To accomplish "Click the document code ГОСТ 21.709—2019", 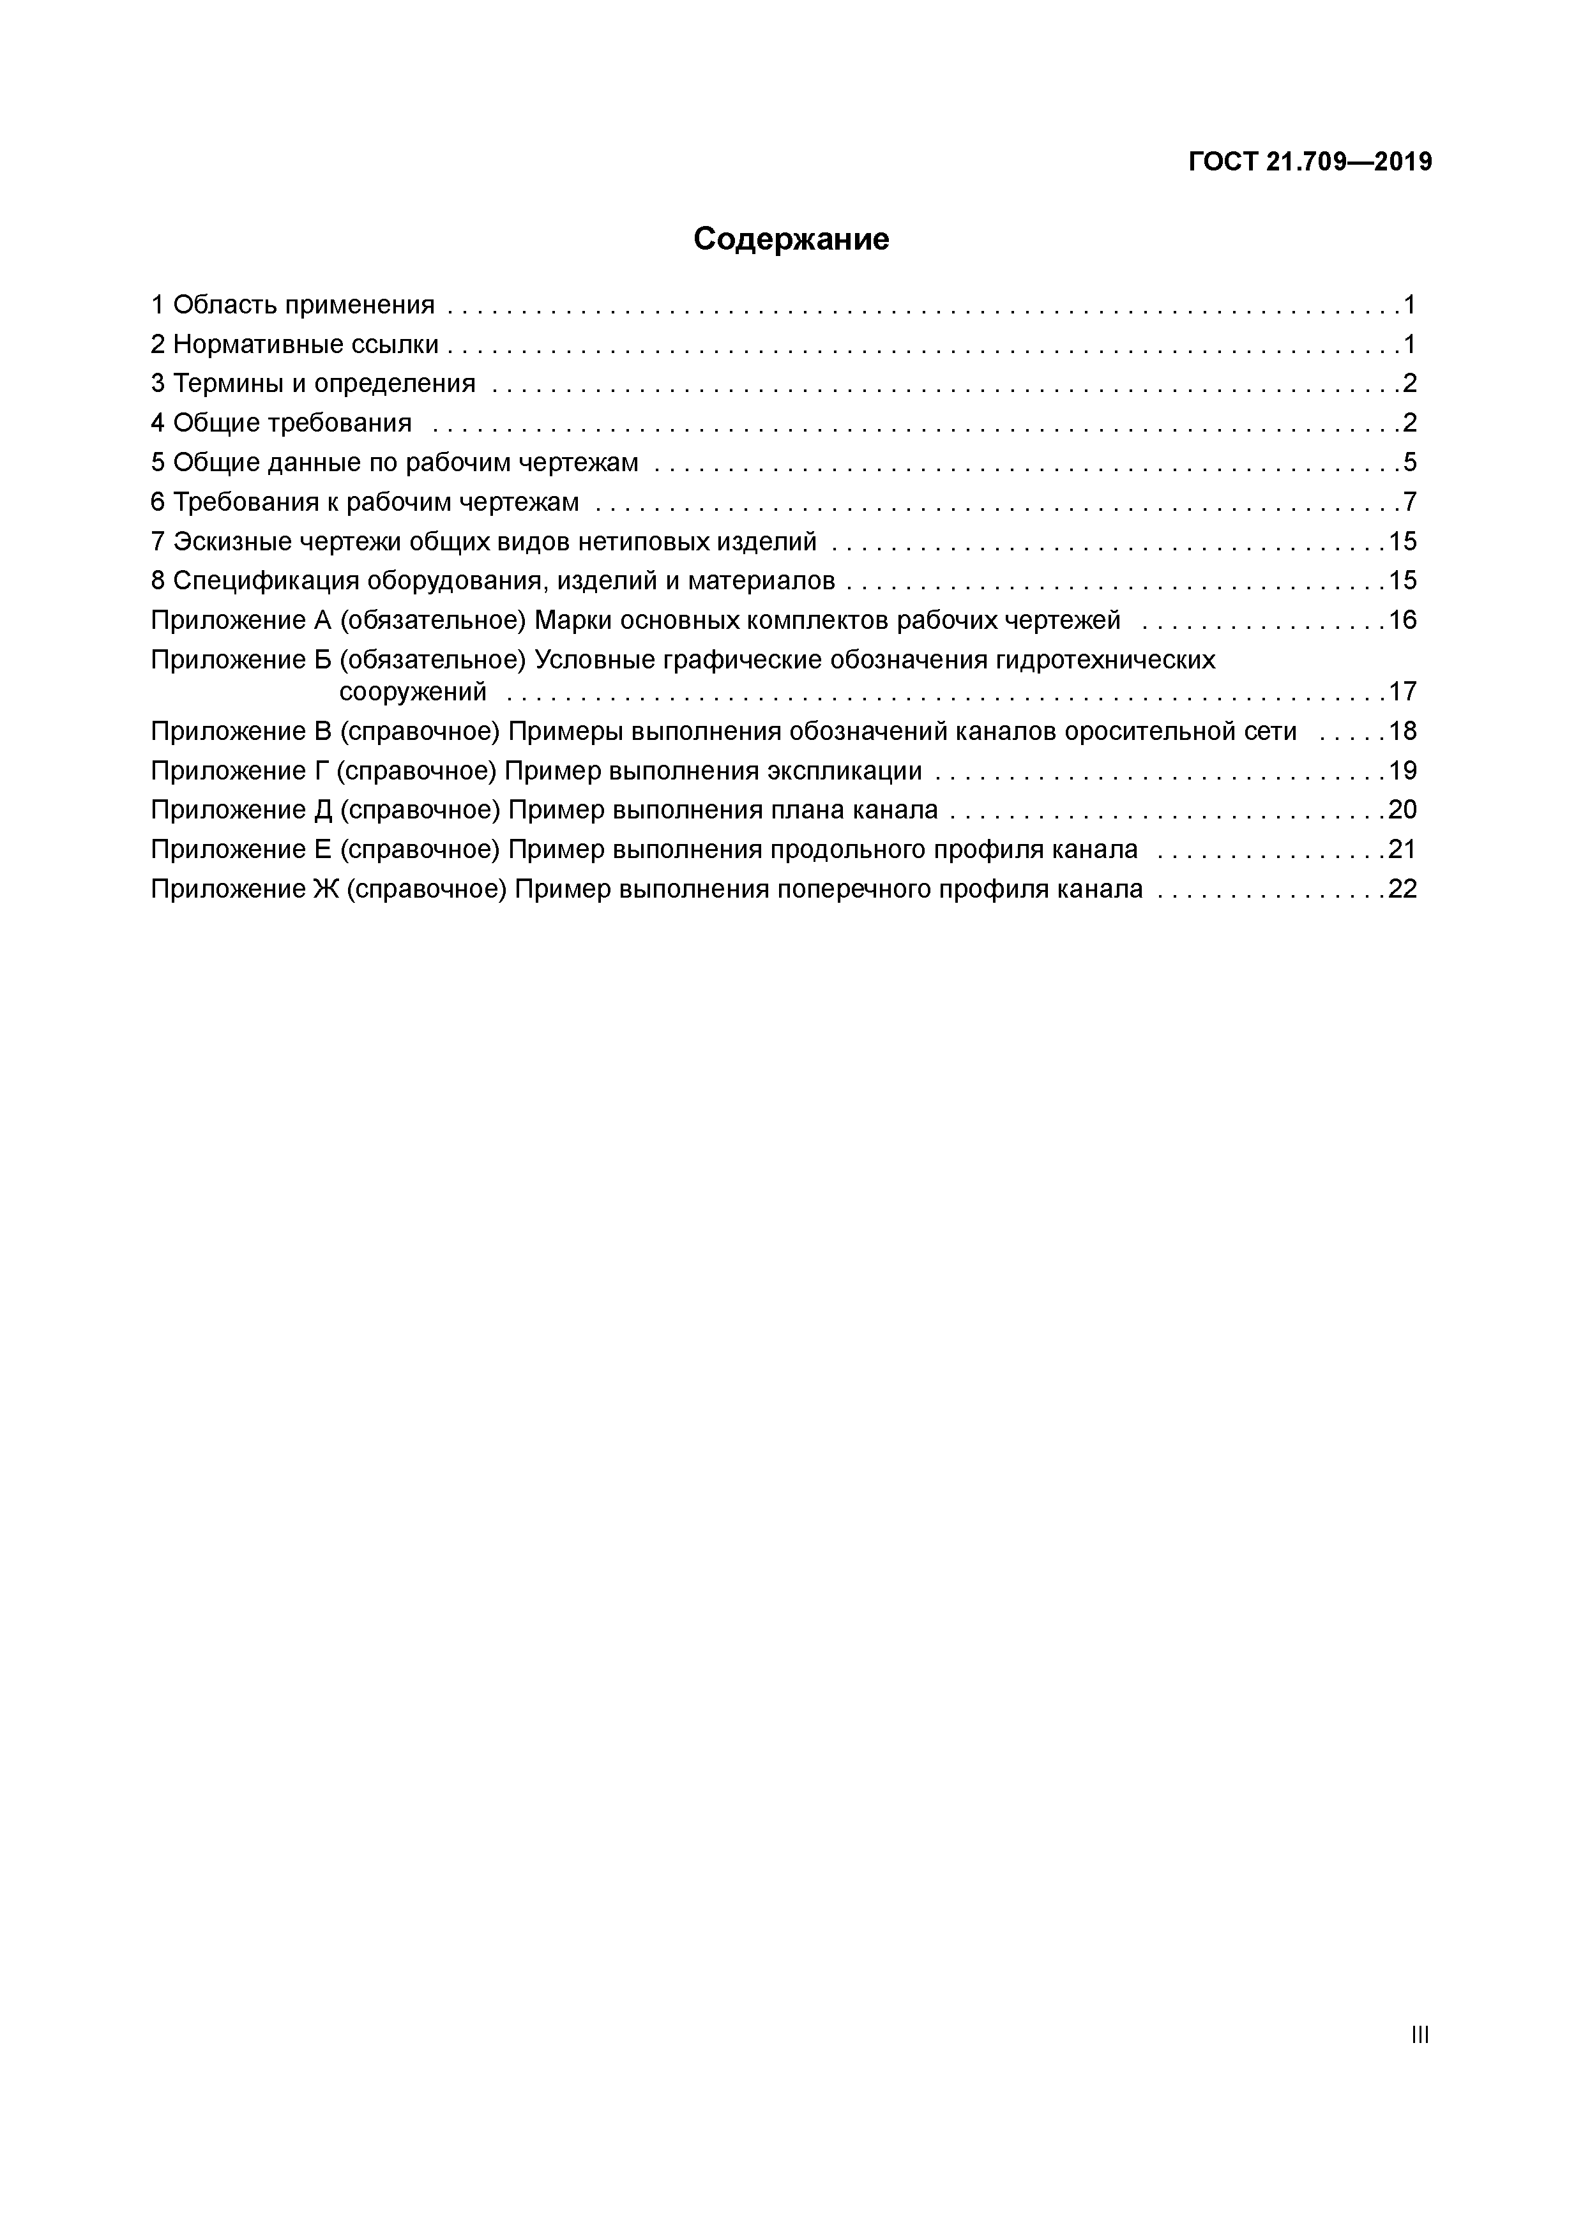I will click(1310, 162).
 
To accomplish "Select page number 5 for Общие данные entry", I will click(1409, 462).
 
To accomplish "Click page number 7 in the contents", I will click(1409, 502).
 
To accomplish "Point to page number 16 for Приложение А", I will click(1402, 620).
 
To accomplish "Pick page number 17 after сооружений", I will click(1402, 691).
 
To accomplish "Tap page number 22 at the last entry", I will click(1402, 889).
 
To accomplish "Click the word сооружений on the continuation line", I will click(413, 692).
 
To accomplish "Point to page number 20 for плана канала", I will click(1402, 810).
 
